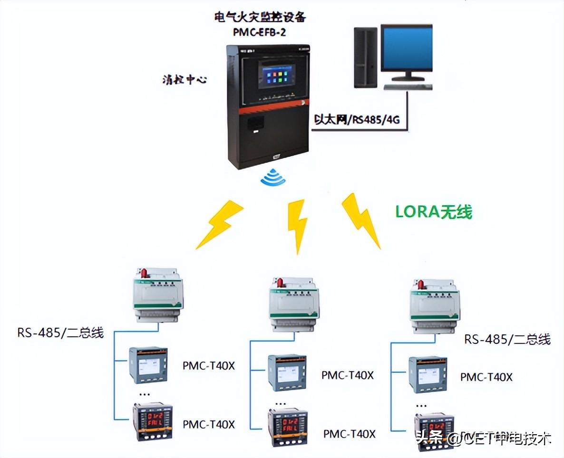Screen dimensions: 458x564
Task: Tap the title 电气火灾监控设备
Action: coord(260,18)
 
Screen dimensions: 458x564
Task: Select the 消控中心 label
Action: coord(184,79)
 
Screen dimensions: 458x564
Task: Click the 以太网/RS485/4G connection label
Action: coord(356,120)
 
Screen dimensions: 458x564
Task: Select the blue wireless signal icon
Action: coord(273,178)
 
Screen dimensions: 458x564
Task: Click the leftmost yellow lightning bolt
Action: coord(220,224)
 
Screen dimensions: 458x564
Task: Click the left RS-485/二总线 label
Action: coord(61,332)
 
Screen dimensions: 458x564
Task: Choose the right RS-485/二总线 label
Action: coord(507,339)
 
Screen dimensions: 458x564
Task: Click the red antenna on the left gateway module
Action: coord(143,273)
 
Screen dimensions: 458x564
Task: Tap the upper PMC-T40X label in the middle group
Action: coord(348,375)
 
